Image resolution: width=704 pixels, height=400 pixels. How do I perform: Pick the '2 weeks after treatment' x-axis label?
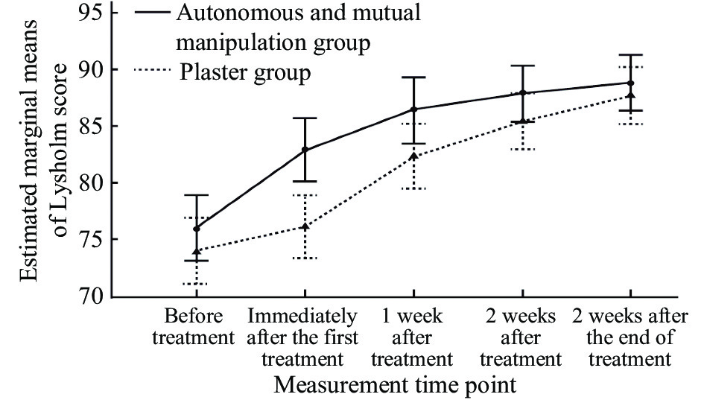521,337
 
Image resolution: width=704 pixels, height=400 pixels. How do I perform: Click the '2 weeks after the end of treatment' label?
630,337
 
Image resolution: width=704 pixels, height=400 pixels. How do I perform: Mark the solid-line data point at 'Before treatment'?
196,228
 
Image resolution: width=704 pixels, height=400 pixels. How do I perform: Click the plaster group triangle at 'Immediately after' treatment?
305,226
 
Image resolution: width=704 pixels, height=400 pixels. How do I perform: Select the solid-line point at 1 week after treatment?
414,109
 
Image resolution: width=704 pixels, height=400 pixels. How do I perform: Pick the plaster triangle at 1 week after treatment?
414,156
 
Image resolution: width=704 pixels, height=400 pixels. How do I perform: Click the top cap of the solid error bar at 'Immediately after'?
305,118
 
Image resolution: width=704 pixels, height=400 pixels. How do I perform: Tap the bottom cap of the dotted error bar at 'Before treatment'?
196,284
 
